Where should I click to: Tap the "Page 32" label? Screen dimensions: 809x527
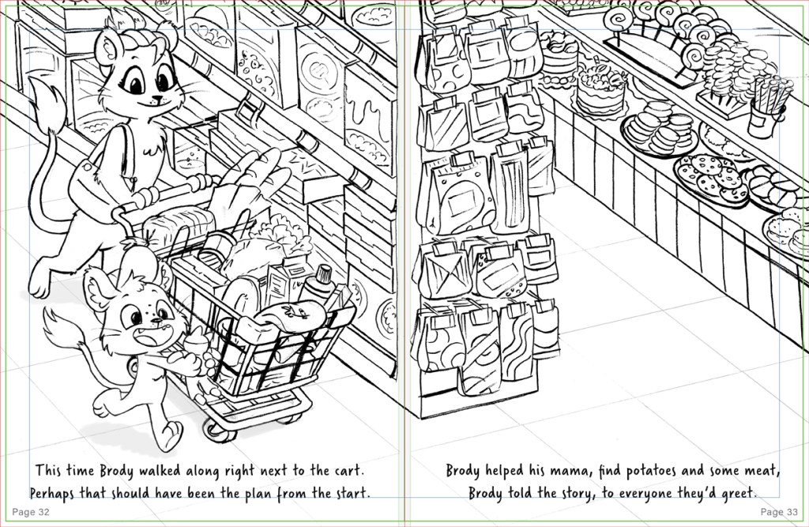31,512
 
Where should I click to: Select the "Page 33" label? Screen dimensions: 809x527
779,512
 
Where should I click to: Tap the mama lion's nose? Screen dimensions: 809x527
156,97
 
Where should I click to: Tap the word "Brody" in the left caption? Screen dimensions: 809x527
117,472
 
